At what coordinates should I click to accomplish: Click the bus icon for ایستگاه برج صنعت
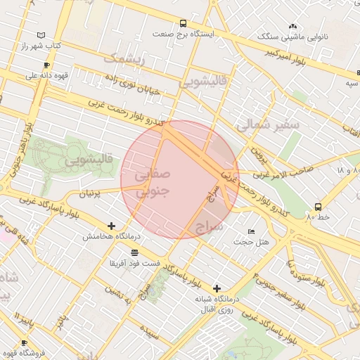(x=184, y=23)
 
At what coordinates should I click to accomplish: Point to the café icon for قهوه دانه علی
(x=46, y=65)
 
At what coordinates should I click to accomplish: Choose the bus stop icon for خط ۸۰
(x=318, y=207)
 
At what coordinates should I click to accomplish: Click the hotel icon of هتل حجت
(x=252, y=232)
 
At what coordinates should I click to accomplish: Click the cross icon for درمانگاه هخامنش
(x=111, y=226)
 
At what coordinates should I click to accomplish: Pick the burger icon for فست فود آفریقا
(x=134, y=252)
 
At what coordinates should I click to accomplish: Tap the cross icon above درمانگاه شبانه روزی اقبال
(x=217, y=288)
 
